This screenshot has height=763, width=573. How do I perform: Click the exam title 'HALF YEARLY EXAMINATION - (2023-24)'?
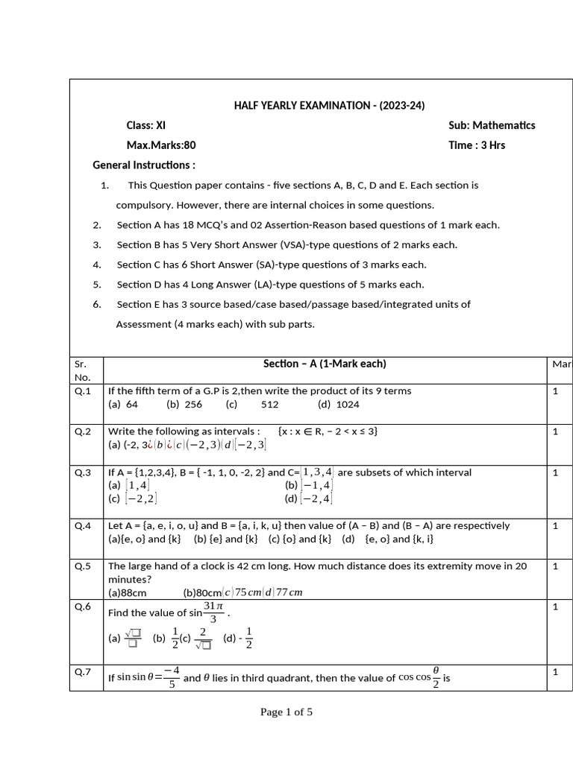pos(329,106)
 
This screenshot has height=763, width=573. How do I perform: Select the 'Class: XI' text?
pos(146,125)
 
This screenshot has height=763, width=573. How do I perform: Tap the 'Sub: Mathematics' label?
pos(492,125)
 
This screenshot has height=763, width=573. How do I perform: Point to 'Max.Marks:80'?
pos(161,145)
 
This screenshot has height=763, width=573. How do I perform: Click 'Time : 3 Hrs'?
pos(477,145)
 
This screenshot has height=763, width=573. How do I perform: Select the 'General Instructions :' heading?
pos(144,165)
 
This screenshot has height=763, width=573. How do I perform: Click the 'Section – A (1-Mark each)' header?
pos(325,364)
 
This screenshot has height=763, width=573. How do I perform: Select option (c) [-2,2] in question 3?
pos(133,499)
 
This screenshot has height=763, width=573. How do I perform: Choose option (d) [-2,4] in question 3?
pos(309,499)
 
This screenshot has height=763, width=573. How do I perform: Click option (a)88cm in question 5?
pos(128,593)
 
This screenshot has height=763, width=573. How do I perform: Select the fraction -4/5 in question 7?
pos(172,678)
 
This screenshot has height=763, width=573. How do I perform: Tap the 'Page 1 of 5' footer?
pos(286,712)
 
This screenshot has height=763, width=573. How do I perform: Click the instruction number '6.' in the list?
pos(97,304)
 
